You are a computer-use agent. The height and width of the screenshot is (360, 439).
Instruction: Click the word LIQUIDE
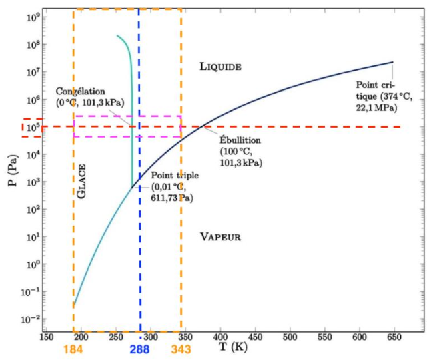pyautogui.click(x=220, y=66)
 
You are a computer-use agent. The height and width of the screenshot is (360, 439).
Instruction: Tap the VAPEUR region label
pyautogui.click(x=220, y=237)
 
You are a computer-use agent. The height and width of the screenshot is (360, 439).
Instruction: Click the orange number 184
pyautogui.click(x=73, y=349)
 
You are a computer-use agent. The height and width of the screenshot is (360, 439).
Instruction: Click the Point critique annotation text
pyautogui.click(x=384, y=95)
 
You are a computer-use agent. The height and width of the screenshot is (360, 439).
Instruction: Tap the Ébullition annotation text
pyautogui.click(x=241, y=152)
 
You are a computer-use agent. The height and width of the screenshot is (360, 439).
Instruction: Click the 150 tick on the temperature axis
pyautogui.click(x=45, y=338)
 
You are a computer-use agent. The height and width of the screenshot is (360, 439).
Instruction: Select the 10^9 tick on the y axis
pyautogui.click(x=30, y=17)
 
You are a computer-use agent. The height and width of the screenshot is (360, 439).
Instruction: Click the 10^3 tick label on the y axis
pyautogui.click(x=30, y=182)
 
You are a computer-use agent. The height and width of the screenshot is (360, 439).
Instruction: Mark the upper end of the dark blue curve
pyautogui.click(x=392, y=62)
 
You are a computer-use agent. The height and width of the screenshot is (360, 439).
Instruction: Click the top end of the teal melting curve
pyautogui.click(x=117, y=35)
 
